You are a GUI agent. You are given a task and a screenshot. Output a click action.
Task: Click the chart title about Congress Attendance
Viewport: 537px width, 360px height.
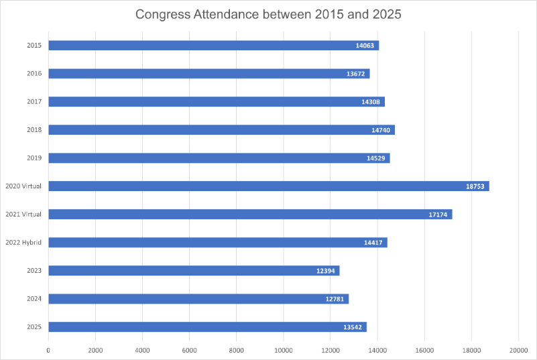tap(268, 14)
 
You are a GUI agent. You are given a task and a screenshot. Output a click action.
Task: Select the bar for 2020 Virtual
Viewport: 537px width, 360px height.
tap(268, 186)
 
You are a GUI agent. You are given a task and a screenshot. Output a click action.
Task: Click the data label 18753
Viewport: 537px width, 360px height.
tap(476, 186)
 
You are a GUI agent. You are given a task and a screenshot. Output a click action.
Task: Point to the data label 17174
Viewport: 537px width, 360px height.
tap(438, 215)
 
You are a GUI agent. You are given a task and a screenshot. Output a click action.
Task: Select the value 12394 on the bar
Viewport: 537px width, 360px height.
tap(326, 271)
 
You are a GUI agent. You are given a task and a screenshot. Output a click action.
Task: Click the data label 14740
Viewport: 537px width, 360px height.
tap(381, 130)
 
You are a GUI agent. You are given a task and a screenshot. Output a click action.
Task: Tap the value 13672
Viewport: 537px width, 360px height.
tap(356, 74)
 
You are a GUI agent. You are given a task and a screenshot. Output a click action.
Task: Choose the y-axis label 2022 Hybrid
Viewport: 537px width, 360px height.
tap(23, 243)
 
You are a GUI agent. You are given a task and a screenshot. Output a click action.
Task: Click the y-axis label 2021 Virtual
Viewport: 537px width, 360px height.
tap(23, 215)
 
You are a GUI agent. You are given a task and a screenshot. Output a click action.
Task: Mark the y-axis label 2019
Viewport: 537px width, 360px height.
tap(35, 158)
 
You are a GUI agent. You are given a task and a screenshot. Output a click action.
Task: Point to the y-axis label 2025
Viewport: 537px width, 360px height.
tap(35, 327)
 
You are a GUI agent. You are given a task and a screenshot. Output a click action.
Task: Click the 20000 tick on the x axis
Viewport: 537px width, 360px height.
tap(518, 350)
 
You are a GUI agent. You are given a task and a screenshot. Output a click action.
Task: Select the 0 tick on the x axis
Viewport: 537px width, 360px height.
tap(48, 350)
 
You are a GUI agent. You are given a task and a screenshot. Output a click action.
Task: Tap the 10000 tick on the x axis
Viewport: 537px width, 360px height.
tap(283, 350)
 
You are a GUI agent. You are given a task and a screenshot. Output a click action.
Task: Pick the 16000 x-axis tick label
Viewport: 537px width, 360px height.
tap(424, 350)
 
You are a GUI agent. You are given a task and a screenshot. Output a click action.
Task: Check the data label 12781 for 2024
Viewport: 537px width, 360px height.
tap(335, 299)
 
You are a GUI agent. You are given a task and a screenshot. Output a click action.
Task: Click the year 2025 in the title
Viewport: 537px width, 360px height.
tap(386, 14)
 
